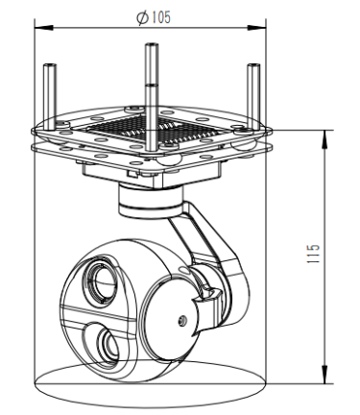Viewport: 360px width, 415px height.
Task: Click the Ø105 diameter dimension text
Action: click(154, 17)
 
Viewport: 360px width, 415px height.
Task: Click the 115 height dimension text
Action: click(313, 254)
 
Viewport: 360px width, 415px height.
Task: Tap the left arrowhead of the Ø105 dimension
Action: click(43, 28)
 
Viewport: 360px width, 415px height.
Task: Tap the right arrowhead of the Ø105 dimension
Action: click(257, 28)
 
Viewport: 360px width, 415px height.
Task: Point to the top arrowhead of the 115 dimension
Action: click(325, 139)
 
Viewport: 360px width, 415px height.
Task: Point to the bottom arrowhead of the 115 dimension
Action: click(325, 375)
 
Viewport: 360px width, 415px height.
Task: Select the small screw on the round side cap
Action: click(182, 320)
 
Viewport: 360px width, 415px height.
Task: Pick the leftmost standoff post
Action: click(50, 97)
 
